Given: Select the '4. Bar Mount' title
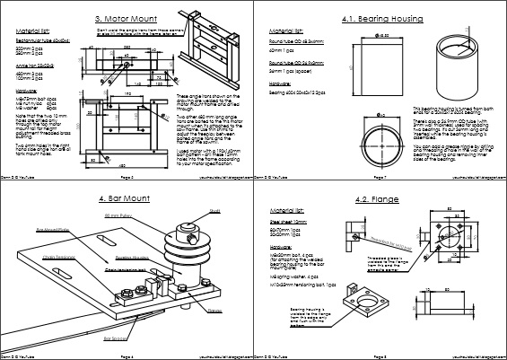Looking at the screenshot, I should tap(127, 197).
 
